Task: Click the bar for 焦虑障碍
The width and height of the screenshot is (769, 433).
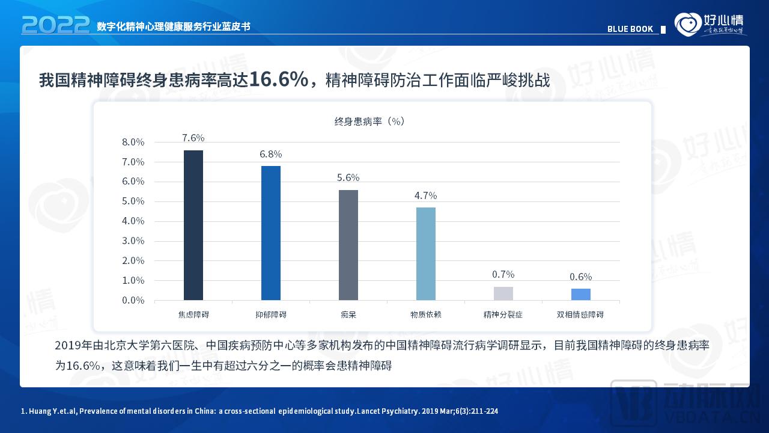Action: [193, 225]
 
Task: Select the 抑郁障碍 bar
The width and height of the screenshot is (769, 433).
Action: [271, 233]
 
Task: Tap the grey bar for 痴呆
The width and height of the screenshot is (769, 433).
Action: [348, 245]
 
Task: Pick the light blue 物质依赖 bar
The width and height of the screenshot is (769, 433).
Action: [426, 254]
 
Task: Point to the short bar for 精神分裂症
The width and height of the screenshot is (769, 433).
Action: [503, 293]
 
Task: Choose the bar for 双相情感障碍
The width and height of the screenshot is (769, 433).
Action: [581, 294]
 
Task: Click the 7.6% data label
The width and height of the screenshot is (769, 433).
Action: [193, 138]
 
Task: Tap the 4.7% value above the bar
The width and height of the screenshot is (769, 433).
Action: [426, 195]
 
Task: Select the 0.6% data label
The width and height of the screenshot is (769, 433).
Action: [581, 277]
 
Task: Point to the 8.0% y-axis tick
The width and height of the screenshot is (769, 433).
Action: [133, 142]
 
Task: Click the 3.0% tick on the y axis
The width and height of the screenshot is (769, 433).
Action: [133, 241]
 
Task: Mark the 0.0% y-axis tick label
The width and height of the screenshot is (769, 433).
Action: [133, 300]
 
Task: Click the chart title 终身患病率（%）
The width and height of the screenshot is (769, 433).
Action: [369, 121]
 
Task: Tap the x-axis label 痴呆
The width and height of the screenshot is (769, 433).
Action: [348, 315]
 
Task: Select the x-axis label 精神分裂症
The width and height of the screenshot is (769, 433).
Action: [503, 315]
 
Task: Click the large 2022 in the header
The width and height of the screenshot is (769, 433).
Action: [55, 25]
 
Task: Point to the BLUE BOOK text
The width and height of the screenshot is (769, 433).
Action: [630, 29]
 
